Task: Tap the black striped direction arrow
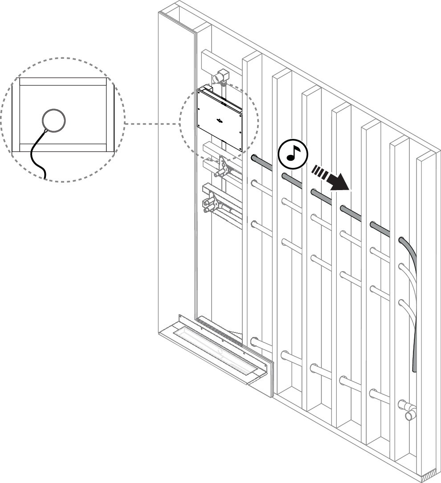[x=331, y=177]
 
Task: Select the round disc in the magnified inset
[x=54, y=120]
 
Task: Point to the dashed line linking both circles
[x=151, y=123]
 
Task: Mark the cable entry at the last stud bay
[x=402, y=240]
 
